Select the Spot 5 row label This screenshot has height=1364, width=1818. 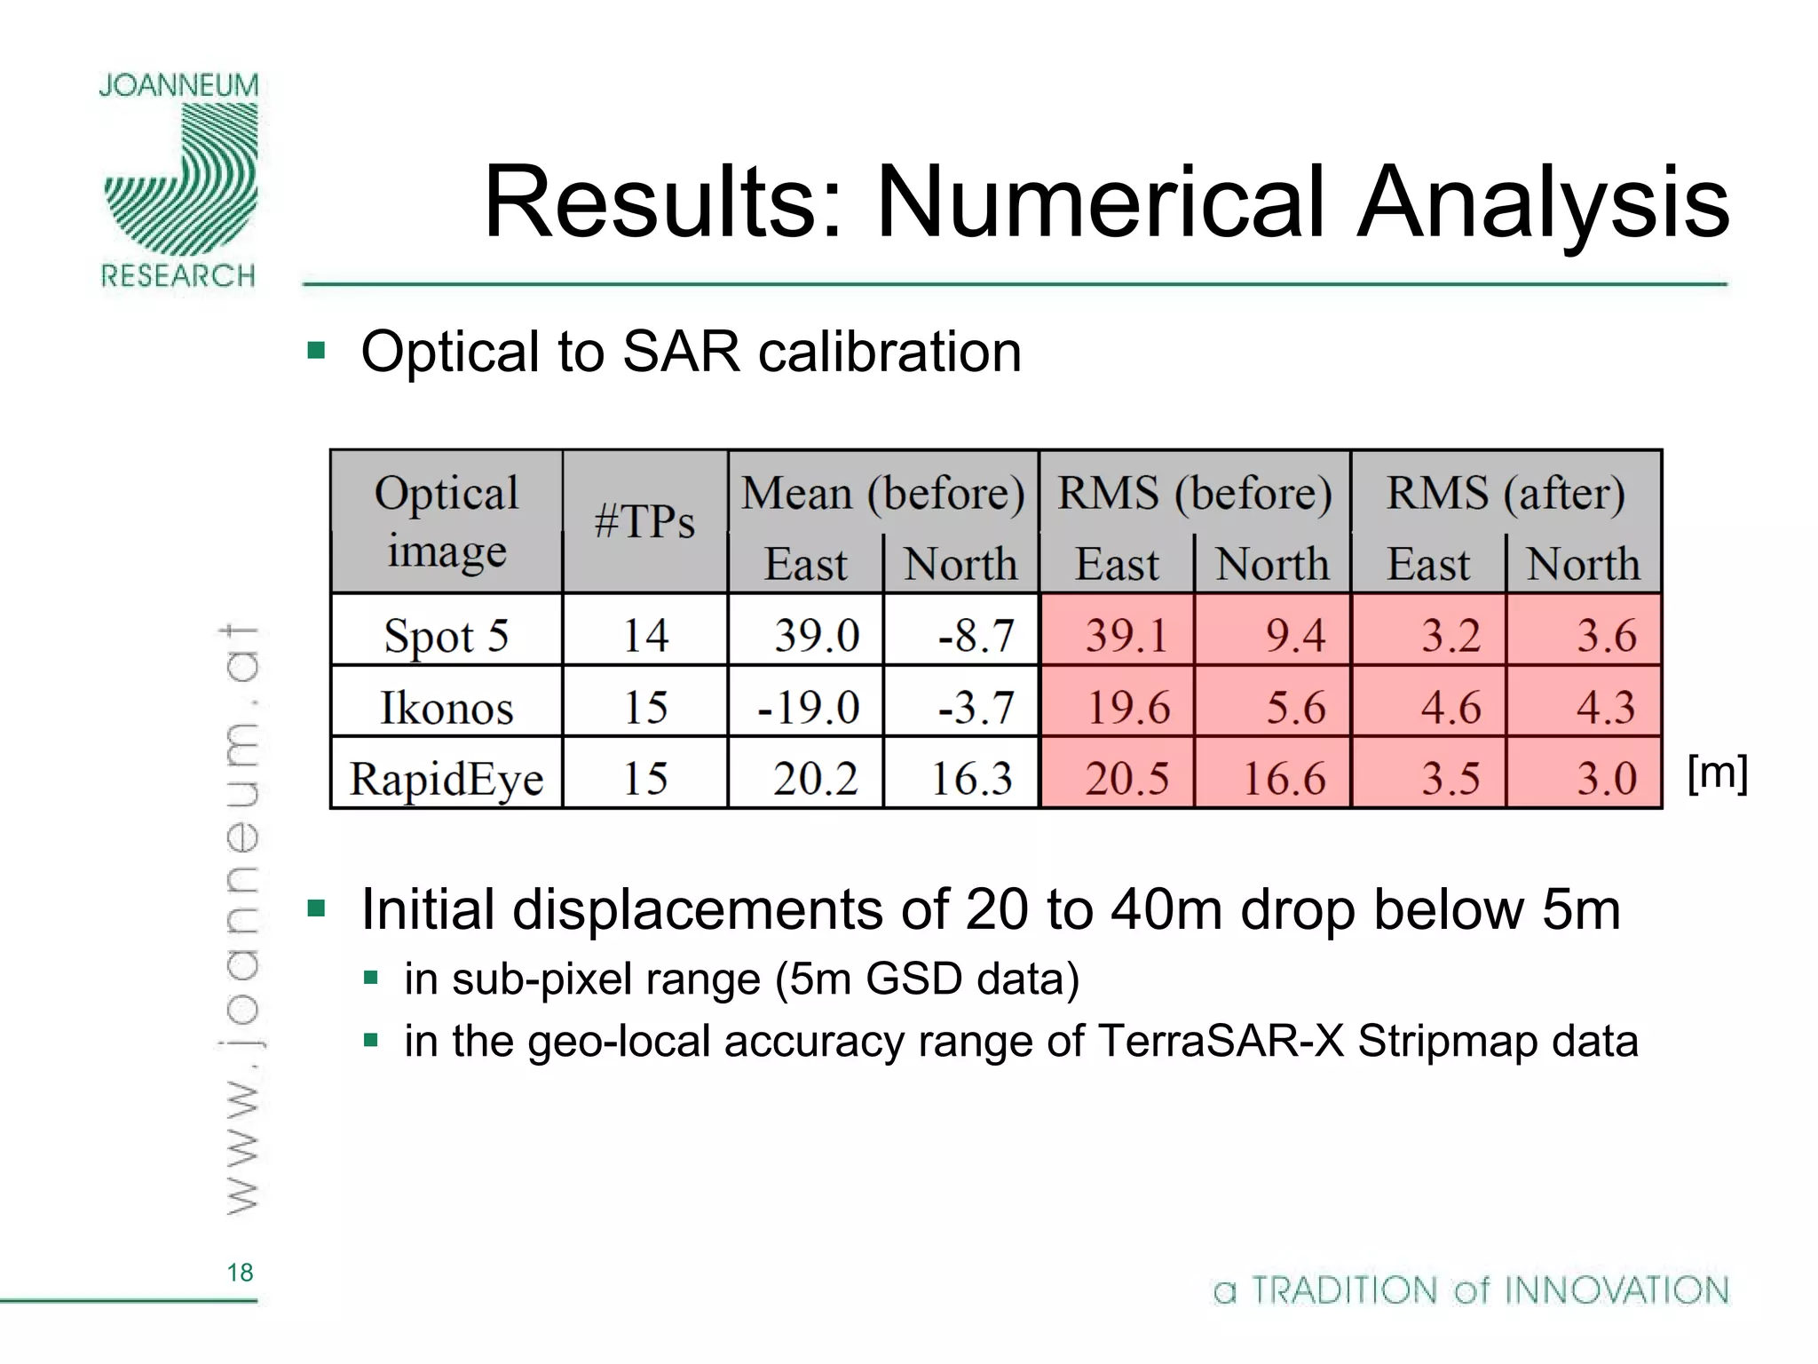[446, 636]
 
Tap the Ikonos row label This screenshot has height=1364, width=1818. [446, 708]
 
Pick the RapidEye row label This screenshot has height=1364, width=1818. [446, 779]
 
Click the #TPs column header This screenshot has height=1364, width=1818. [644, 521]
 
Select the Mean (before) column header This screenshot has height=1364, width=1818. [882, 493]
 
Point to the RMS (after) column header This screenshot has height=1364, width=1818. [1506, 493]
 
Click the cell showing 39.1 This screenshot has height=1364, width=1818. [1125, 636]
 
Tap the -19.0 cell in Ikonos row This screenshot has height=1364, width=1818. [809, 708]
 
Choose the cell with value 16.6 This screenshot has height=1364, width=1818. [1283, 779]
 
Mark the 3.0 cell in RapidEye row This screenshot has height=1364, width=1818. [1605, 779]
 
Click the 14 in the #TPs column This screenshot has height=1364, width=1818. [644, 636]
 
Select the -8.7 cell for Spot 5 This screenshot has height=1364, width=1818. [975, 636]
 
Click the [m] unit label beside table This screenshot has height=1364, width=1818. [1717, 773]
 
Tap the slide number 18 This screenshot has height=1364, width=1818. [240, 1273]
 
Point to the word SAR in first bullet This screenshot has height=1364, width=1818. [681, 352]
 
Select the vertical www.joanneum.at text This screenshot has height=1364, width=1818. [240, 919]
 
